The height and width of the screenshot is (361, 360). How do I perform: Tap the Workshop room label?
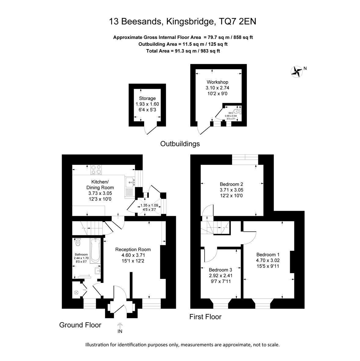(217, 82)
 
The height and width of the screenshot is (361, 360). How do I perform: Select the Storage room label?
(147, 99)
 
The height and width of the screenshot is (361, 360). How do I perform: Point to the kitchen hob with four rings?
(96, 170)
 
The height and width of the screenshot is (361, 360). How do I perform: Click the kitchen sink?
(129, 182)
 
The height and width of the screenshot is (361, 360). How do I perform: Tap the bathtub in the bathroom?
(96, 251)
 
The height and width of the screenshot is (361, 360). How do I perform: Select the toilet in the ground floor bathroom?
(78, 242)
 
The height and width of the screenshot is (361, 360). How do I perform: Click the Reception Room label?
(133, 249)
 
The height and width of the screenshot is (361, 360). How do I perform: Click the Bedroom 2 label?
(231, 184)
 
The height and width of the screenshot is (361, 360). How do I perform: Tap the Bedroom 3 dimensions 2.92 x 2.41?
(220, 276)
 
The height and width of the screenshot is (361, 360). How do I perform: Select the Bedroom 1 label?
(268, 255)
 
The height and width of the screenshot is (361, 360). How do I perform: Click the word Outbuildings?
(180, 144)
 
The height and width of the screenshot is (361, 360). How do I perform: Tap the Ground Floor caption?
(80, 325)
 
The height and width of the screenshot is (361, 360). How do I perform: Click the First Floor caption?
(205, 317)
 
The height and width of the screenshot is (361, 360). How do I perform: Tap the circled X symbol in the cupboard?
(76, 292)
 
